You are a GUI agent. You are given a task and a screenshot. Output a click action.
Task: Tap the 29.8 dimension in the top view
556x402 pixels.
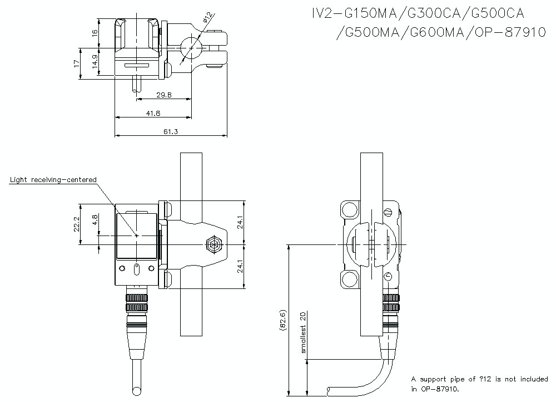pos(164,95)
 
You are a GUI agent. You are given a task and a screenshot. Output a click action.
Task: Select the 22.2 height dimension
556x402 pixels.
pos(78,224)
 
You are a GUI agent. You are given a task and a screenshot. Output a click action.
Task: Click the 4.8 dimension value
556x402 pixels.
pos(95,220)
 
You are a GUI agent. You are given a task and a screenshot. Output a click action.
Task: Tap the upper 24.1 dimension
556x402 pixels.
pos(240,223)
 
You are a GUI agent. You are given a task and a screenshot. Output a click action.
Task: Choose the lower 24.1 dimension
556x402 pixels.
pos(240,266)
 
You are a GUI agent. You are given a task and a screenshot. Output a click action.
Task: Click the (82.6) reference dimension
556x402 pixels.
pos(284,321)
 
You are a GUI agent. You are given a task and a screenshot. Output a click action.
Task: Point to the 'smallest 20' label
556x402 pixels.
pos(304,332)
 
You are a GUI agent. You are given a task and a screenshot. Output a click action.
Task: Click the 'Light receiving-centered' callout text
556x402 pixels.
pos(53,179)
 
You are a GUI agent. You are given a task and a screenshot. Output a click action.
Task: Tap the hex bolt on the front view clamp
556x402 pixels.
pos(212,244)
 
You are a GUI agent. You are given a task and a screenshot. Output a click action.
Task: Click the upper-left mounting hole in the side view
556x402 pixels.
pos(349,210)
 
